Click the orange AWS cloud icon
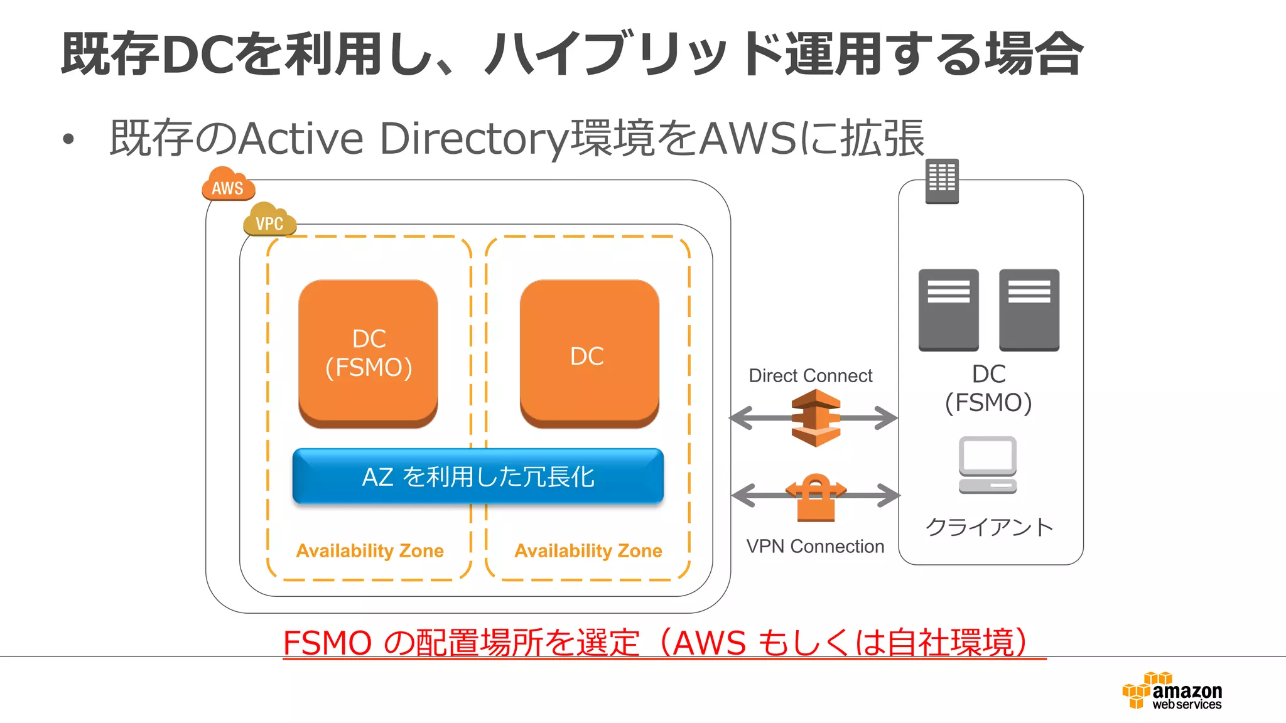pos(228,185)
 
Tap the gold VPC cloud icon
pos(269,220)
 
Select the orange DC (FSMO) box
pos(368,353)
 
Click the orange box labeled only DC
pos(589,353)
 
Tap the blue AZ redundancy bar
pos(478,476)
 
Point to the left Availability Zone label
pos(370,550)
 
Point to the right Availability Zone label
pos(588,550)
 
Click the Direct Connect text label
pos(810,375)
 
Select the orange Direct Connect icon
pos(815,418)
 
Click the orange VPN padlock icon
pos(815,497)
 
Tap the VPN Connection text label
pos(815,546)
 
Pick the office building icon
pos(942,181)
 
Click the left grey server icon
pos(948,309)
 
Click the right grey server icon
pos(1029,309)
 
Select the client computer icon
pos(988,465)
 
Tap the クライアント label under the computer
pos(989,527)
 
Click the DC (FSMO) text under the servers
pos(988,388)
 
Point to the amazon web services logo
pos(1172,691)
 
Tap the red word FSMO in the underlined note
pos(327,643)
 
